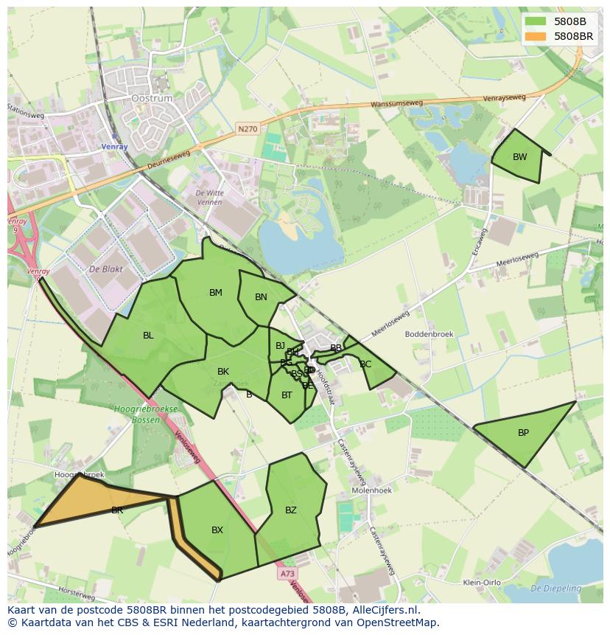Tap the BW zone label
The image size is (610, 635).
coord(520,157)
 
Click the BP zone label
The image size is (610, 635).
coord(523,433)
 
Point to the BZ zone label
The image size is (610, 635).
coord(291,510)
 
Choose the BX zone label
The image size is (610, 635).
coord(217,530)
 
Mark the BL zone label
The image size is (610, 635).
coord(148,336)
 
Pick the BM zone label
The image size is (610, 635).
coord(215,293)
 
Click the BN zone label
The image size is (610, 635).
coord(261,297)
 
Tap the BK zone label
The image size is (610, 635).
coord(223,372)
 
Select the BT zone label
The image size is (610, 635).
coord(287,395)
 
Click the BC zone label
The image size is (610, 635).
coord(365,364)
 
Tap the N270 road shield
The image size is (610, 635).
coord(248,129)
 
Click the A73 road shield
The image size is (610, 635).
coord(287,573)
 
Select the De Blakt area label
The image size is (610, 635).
coord(105,270)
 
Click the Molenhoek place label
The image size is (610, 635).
coord(372,490)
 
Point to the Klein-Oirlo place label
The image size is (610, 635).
coord(481,583)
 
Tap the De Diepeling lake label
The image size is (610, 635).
coord(555,589)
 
